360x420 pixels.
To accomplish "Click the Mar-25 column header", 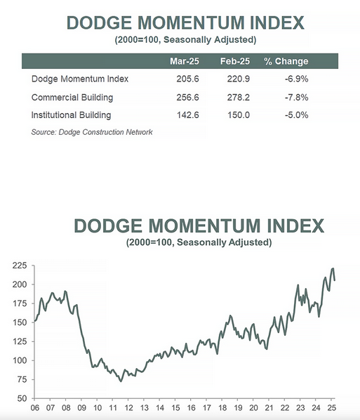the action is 185,61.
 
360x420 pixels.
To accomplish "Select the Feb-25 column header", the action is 235,61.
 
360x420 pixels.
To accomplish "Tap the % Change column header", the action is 286,61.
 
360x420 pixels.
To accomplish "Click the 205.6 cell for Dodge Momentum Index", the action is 187,79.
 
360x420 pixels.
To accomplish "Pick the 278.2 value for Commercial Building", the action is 239,97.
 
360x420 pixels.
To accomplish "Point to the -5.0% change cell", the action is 297,115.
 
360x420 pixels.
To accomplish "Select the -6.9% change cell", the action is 297,79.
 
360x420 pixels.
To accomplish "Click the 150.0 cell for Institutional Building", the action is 239,115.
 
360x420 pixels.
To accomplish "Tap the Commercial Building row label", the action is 72,97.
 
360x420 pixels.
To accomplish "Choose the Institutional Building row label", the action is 71,115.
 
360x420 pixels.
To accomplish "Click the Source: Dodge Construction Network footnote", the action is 92,132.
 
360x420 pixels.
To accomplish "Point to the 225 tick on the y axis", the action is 20,265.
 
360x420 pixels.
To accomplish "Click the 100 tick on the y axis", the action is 20,360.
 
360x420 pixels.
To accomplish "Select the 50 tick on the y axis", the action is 22,398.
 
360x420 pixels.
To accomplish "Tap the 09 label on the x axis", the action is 81,407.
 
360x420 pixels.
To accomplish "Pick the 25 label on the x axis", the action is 332,407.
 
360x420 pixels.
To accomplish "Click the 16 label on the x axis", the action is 191,407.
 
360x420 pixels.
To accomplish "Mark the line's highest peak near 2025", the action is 333,268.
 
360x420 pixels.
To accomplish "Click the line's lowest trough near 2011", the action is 121,381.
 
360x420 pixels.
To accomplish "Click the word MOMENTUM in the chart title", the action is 204,225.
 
